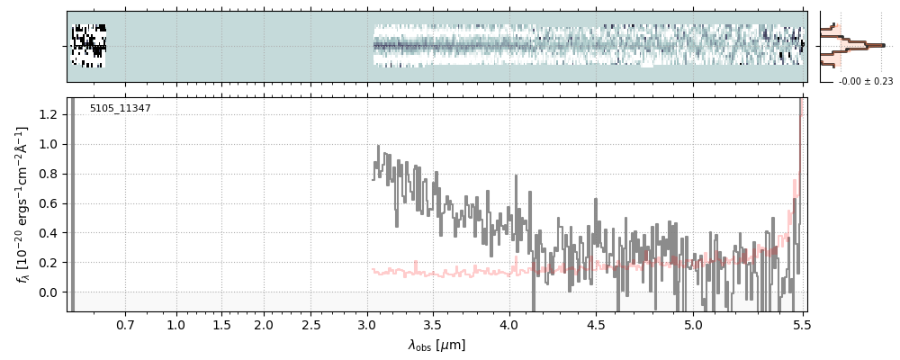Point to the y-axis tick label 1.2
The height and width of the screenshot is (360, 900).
(49, 114)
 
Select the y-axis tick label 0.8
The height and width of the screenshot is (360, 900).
(49, 174)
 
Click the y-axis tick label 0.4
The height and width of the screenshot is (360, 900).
(49, 233)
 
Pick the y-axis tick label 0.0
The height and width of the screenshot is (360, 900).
(49, 292)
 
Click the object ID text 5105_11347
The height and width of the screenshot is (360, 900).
(120, 108)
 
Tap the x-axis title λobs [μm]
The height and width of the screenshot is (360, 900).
(436, 345)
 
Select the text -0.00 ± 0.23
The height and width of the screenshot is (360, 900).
(865, 81)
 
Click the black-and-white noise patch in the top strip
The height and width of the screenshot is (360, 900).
(88, 46)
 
